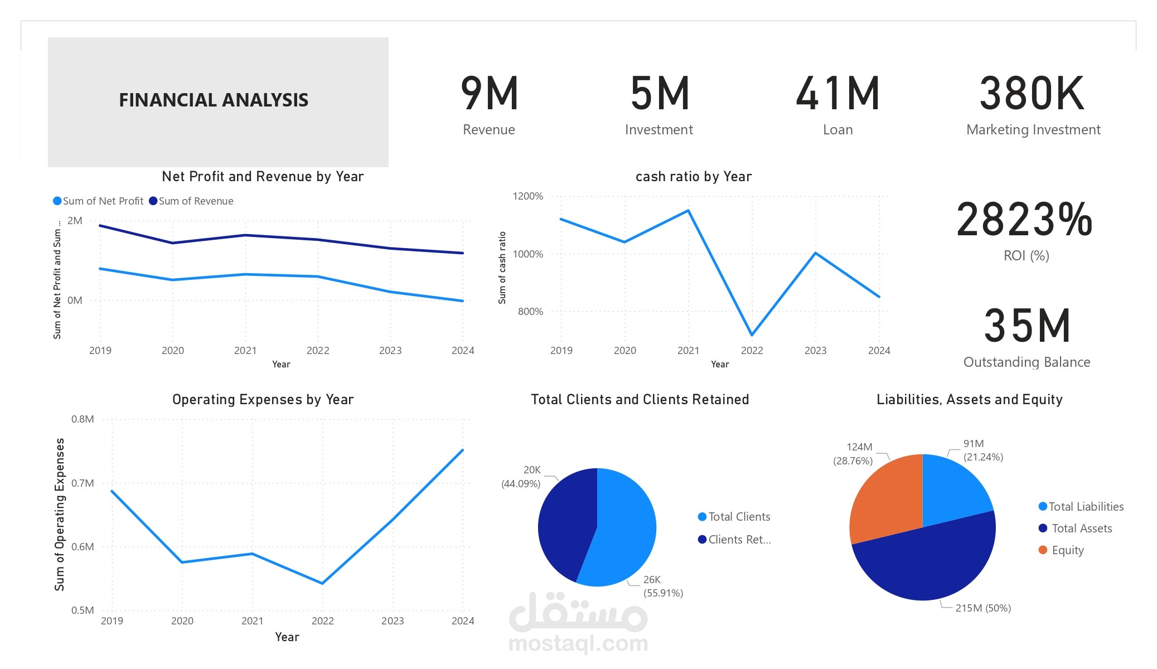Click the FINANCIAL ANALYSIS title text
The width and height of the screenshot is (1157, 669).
coord(214,100)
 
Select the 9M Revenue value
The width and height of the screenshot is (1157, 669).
coord(490,93)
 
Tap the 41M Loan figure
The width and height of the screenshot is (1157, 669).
coord(838,93)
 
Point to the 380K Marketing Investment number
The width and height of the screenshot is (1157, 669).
coord(1032,93)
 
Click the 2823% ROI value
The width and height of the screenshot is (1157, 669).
coord(1025,220)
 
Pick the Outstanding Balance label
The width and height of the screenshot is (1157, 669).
coord(1027,362)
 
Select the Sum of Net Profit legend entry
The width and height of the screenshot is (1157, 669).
coord(98,201)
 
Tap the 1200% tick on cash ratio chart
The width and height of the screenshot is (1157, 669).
coord(527,196)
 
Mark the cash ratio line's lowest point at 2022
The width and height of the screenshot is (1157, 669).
coord(752,335)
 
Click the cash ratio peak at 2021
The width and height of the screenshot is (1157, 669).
coord(689,210)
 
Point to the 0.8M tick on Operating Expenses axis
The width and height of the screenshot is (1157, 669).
coord(83,419)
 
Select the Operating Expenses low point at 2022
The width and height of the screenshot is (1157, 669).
coord(322,583)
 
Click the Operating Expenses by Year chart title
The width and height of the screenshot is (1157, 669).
coord(263,399)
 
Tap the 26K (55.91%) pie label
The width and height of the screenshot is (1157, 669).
coord(663,586)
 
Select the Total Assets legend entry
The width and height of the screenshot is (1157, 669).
coord(1076,528)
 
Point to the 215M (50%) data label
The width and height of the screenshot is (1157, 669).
coord(983,608)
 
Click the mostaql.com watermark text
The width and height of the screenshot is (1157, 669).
coord(578,643)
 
